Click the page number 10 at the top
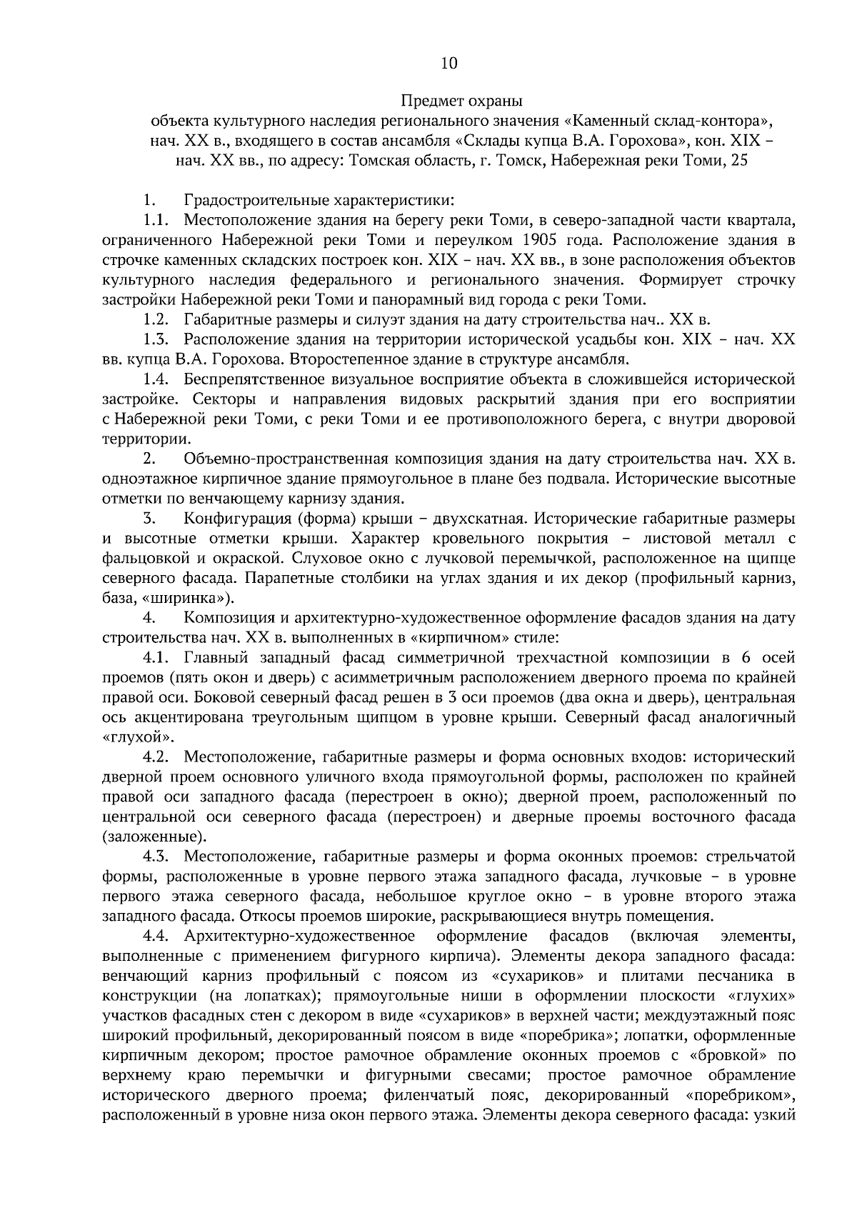click(x=449, y=64)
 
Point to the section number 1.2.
click(x=156, y=319)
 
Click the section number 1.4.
click(x=156, y=379)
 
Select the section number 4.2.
click(x=156, y=757)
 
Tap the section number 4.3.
click(x=156, y=857)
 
